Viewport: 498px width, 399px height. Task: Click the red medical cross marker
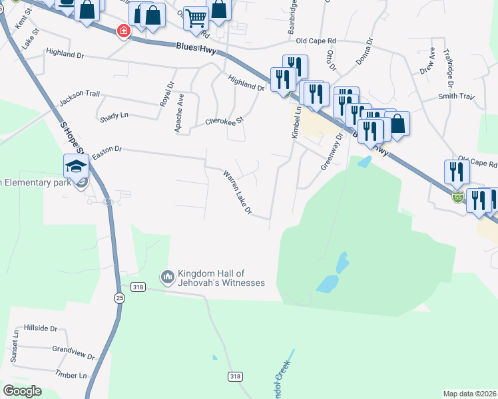pos(123,31)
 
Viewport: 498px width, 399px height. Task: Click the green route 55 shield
pos(457,196)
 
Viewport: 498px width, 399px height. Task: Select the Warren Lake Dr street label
pos(238,192)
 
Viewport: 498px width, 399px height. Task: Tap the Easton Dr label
pos(108,153)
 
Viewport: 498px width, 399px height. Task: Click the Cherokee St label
pos(225,122)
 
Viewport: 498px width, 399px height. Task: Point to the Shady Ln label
pos(114,116)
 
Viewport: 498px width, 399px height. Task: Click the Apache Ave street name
pos(179,113)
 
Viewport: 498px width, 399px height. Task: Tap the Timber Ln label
pos(71,375)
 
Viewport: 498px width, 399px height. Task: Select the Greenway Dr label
pos(332,152)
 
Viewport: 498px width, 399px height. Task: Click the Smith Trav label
pos(456,97)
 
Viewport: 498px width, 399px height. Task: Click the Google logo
pos(22,391)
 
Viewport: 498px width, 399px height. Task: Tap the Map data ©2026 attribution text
pos(469,394)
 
